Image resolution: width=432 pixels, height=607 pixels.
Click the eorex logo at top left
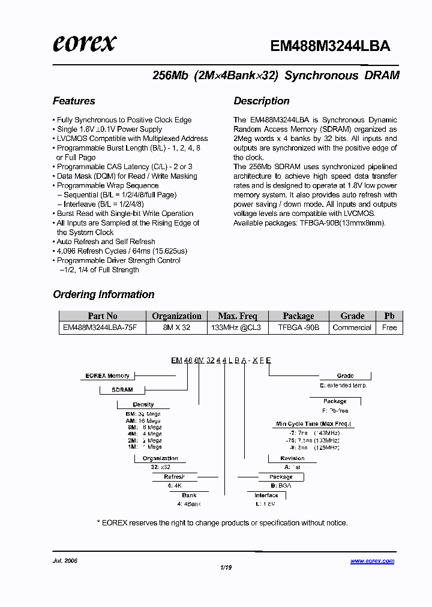pyautogui.click(x=84, y=43)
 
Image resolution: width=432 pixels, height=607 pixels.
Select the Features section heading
pyautogui.click(x=74, y=101)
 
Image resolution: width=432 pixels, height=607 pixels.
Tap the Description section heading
pyautogui.click(x=262, y=101)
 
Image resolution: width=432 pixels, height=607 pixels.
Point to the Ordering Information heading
pyautogui.click(x=104, y=295)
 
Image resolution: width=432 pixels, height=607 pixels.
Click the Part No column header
pyautogui.click(x=103, y=316)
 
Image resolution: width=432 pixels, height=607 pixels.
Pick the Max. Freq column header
pyautogui.click(x=237, y=316)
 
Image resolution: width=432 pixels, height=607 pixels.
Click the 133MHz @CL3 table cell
pyautogui.click(x=237, y=328)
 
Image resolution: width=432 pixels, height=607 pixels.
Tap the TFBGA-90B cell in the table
pyautogui.click(x=298, y=328)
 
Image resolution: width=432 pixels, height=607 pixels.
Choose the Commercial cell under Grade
pyautogui.click(x=352, y=328)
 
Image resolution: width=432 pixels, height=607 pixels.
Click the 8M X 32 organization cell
pyautogui.click(x=176, y=328)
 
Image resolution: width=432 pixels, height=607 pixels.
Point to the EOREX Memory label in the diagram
pyautogui.click(x=107, y=376)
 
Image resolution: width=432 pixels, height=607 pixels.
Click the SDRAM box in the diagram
pyautogui.click(x=122, y=390)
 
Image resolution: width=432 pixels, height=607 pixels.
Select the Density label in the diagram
pyautogui.click(x=143, y=405)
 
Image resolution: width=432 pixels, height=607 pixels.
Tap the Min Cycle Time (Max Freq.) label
pyautogui.click(x=314, y=424)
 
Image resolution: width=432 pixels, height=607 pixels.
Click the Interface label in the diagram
pyautogui.click(x=266, y=495)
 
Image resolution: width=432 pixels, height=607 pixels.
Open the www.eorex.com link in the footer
pyautogui.click(x=372, y=561)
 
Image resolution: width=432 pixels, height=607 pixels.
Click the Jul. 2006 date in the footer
pyautogui.click(x=65, y=561)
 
